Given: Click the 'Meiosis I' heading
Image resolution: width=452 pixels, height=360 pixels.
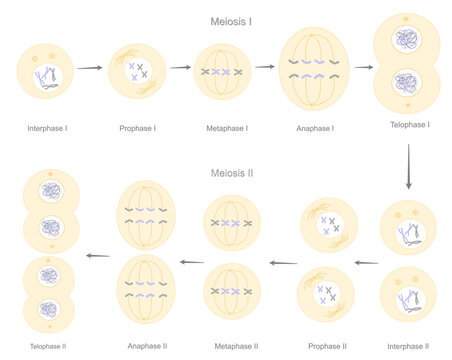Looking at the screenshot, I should [230, 20].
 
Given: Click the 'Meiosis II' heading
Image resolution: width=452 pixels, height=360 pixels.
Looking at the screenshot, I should [232, 172].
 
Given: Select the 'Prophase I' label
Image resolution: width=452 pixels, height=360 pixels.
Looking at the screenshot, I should [137, 129].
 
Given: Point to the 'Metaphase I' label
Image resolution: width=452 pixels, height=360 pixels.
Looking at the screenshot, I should [221, 129].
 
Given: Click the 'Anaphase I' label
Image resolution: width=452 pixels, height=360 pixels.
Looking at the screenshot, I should [314, 129].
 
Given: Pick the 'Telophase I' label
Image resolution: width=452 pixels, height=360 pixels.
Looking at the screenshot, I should [408, 125].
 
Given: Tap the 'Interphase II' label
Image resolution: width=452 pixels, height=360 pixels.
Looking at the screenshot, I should [408, 346].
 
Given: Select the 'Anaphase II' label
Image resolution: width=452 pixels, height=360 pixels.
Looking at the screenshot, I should [146, 346].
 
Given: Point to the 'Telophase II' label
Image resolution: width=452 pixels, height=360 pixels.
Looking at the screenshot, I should [48, 346].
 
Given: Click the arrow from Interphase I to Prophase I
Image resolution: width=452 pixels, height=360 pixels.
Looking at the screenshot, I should [90, 68].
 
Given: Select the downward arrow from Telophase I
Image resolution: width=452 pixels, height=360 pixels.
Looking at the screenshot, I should [408, 167].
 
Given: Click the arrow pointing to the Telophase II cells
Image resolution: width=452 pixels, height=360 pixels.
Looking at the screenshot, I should [97, 256].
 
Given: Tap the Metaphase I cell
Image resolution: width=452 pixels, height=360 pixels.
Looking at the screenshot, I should [221, 72].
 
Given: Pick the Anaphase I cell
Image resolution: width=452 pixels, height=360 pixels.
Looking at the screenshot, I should [314, 69].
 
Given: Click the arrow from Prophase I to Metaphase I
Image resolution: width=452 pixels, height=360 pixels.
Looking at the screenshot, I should [180, 68].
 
